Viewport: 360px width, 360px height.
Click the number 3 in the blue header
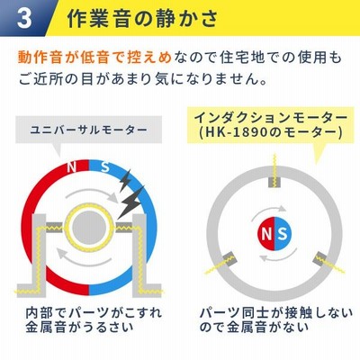pos(24,18)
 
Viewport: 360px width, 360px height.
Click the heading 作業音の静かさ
pos(142,18)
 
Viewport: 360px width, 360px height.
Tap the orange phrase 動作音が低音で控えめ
pos(94,58)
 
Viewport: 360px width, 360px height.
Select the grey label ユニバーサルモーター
pos(89,130)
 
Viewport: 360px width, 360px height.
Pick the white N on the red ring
pos(71,167)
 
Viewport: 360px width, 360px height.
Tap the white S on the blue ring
pos(104,166)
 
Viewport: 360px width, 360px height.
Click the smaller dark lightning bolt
pos(125,181)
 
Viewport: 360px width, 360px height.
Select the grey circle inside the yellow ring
pos(89,228)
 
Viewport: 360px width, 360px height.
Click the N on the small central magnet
pos(266,234)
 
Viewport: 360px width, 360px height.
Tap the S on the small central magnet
pos(282,234)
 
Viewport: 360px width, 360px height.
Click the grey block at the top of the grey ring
pos(274,182)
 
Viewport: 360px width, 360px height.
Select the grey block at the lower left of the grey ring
pos(229,258)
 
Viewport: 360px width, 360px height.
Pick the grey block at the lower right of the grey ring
pos(320,258)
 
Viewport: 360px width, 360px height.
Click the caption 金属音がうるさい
pos(79,327)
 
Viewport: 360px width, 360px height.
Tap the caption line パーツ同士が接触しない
pos(276,313)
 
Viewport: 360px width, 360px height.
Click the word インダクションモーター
pos(271,118)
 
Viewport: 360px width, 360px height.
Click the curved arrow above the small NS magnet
pos(268,211)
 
